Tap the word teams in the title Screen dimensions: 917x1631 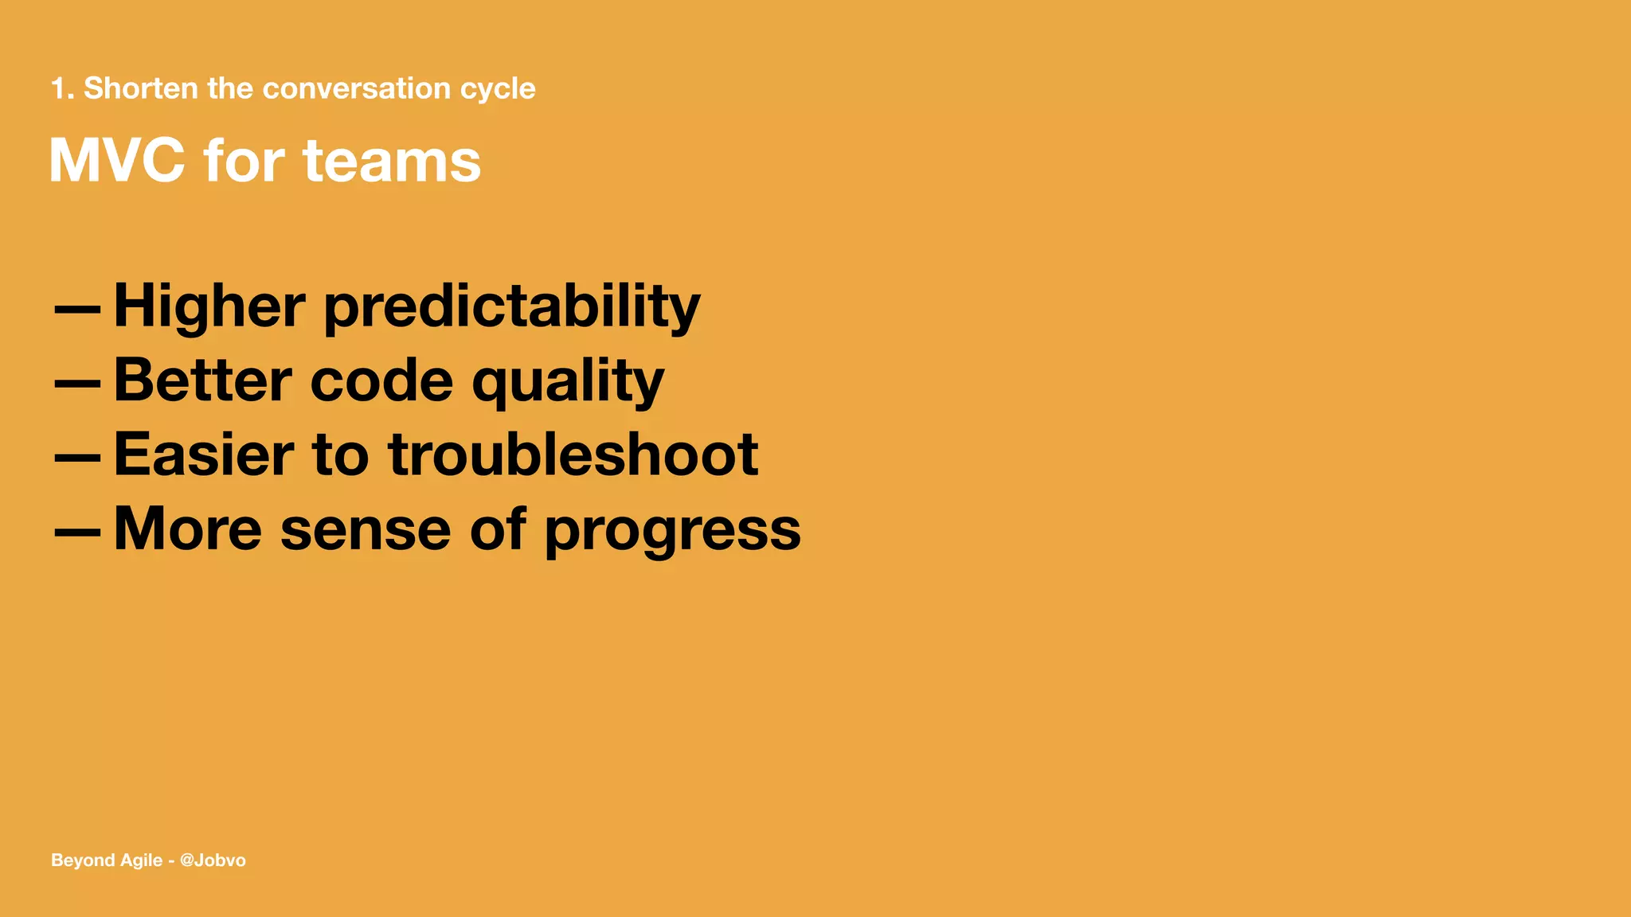click(x=392, y=161)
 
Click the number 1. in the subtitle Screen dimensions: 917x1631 click(x=62, y=88)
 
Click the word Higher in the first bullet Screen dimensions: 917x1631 click(x=209, y=306)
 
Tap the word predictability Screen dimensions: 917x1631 click(x=511, y=307)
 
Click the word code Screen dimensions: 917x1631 click(x=381, y=380)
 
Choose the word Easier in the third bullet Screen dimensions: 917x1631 click(x=204, y=455)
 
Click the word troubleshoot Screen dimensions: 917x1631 click(x=573, y=455)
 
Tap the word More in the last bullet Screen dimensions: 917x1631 click(x=187, y=529)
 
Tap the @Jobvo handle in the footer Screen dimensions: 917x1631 click(x=213, y=860)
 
